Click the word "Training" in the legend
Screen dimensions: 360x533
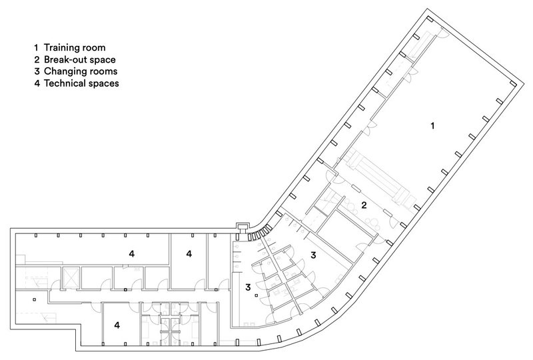[61, 48]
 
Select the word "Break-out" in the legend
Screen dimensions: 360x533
[64, 60]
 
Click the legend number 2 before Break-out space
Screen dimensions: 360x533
[37, 60]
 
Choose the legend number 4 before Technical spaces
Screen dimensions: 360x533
[37, 84]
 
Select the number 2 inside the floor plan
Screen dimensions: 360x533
[364, 205]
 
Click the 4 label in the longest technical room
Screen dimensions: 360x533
[132, 253]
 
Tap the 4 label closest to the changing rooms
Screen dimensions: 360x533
[189, 253]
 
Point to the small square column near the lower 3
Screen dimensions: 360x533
[255, 295]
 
